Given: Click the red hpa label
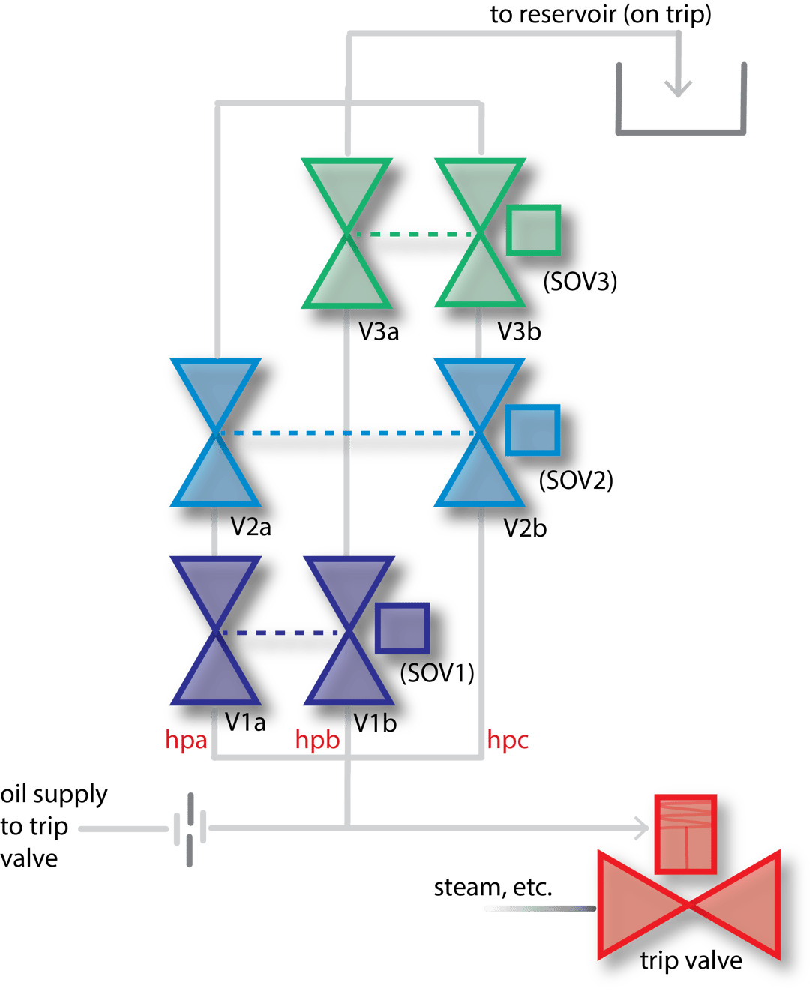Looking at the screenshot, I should point(186,740).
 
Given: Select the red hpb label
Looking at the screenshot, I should point(317,740).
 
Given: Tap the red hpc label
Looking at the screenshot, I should point(508,740).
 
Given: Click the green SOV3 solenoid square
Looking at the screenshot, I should point(533,229).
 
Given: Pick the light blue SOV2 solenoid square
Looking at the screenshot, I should point(533,430).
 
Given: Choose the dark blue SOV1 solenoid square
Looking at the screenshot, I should point(403,627).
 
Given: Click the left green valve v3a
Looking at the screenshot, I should point(346,233).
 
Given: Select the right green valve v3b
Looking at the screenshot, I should point(479,233).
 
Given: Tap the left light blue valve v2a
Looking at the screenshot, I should point(215,433).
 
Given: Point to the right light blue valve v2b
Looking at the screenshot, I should point(478,433).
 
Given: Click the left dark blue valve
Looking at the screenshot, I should point(215,631).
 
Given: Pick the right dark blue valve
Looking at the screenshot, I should point(346,631).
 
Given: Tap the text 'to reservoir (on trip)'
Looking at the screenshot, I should point(600,14).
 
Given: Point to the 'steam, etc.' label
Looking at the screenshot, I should point(493,888).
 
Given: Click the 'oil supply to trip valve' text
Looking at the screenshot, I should point(52,826).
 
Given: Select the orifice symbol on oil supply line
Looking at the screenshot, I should point(189,829).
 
